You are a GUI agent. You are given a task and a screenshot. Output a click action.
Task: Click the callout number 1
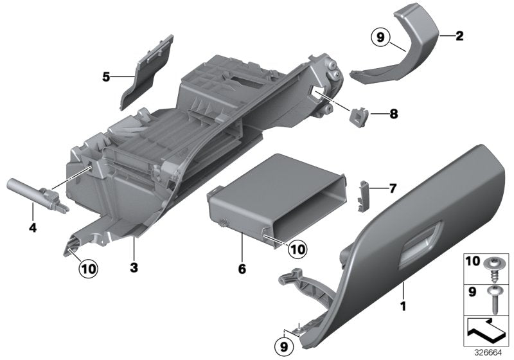(x=403, y=306)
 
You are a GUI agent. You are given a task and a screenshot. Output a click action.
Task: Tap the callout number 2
(x=459, y=36)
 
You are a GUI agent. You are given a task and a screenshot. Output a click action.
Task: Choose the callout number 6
(x=242, y=269)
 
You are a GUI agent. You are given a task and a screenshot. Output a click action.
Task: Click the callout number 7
(x=393, y=188)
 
